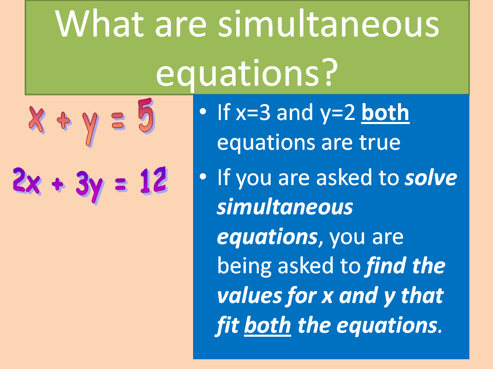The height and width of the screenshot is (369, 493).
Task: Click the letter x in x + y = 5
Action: pos(36,119)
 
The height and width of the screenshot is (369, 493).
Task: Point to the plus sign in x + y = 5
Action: pos(63,121)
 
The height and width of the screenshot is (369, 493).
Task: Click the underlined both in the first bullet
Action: pos(385,113)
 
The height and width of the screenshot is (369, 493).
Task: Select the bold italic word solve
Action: pos(430,178)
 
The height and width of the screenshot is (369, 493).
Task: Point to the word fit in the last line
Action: pos(227,325)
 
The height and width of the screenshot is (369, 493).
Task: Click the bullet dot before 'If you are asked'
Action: pos(204,177)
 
